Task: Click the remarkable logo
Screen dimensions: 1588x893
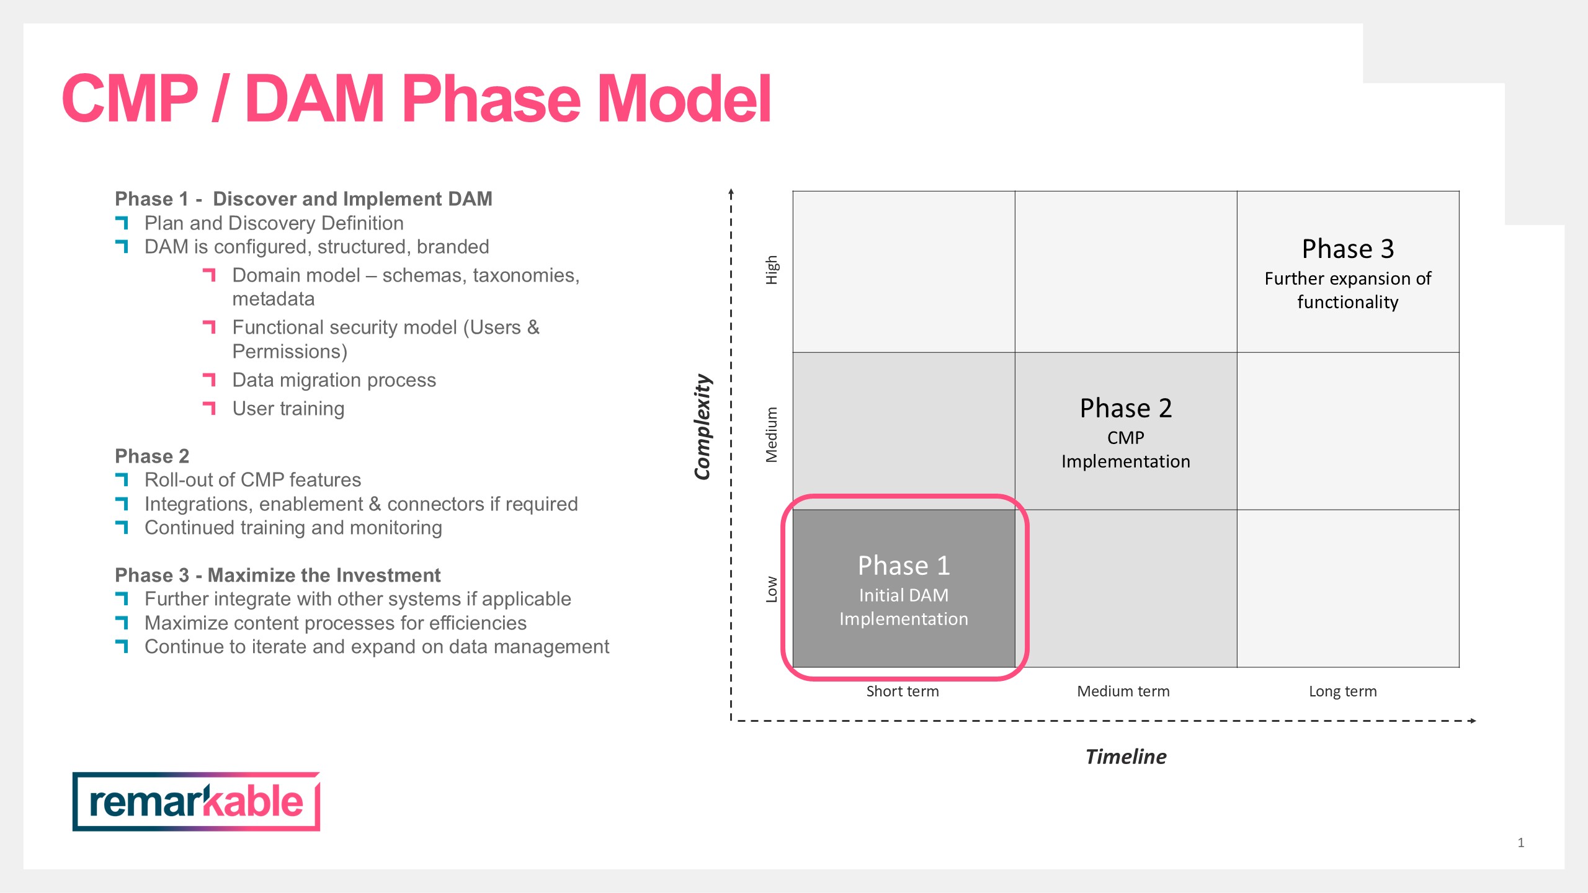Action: click(196, 801)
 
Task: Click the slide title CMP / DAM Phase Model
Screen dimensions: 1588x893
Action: click(416, 98)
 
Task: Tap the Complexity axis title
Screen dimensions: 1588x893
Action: click(702, 427)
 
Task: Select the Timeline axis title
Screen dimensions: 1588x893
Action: click(1126, 757)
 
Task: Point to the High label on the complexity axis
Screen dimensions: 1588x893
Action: click(771, 270)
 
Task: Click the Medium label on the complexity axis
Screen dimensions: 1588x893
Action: click(771, 435)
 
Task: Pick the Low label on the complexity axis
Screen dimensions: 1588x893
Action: click(771, 589)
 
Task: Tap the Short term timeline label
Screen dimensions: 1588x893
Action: click(903, 691)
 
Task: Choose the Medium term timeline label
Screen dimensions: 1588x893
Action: click(1123, 691)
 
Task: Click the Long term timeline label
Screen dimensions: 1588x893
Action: click(1343, 691)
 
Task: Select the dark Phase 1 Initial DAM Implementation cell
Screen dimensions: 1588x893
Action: click(904, 589)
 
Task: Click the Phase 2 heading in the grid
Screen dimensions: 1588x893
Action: click(1126, 408)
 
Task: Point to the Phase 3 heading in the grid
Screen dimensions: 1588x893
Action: click(1348, 249)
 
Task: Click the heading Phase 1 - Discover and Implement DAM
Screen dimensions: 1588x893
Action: click(303, 198)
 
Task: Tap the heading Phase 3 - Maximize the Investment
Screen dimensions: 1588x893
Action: click(278, 575)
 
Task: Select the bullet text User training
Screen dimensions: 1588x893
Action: click(288, 409)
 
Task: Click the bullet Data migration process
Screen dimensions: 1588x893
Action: click(334, 380)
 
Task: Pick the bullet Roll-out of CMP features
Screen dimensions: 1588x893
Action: click(252, 480)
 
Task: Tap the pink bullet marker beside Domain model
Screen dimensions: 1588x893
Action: click(209, 275)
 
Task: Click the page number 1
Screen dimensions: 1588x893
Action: click(1521, 842)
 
